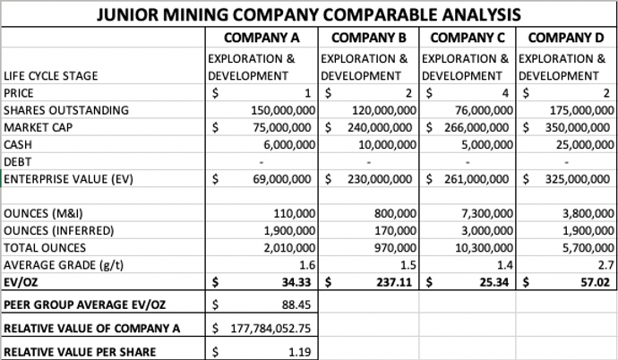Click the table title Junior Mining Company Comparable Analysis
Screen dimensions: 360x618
[309, 15]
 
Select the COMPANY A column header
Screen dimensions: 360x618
[261, 39]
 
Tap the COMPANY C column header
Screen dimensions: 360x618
[468, 39]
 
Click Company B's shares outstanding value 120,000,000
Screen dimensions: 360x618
[385, 109]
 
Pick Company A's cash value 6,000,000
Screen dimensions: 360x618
[286, 144]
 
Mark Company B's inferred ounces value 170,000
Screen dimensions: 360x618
[396, 230]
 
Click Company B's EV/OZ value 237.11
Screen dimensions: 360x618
[395, 282]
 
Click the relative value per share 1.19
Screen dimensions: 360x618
[299, 351]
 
